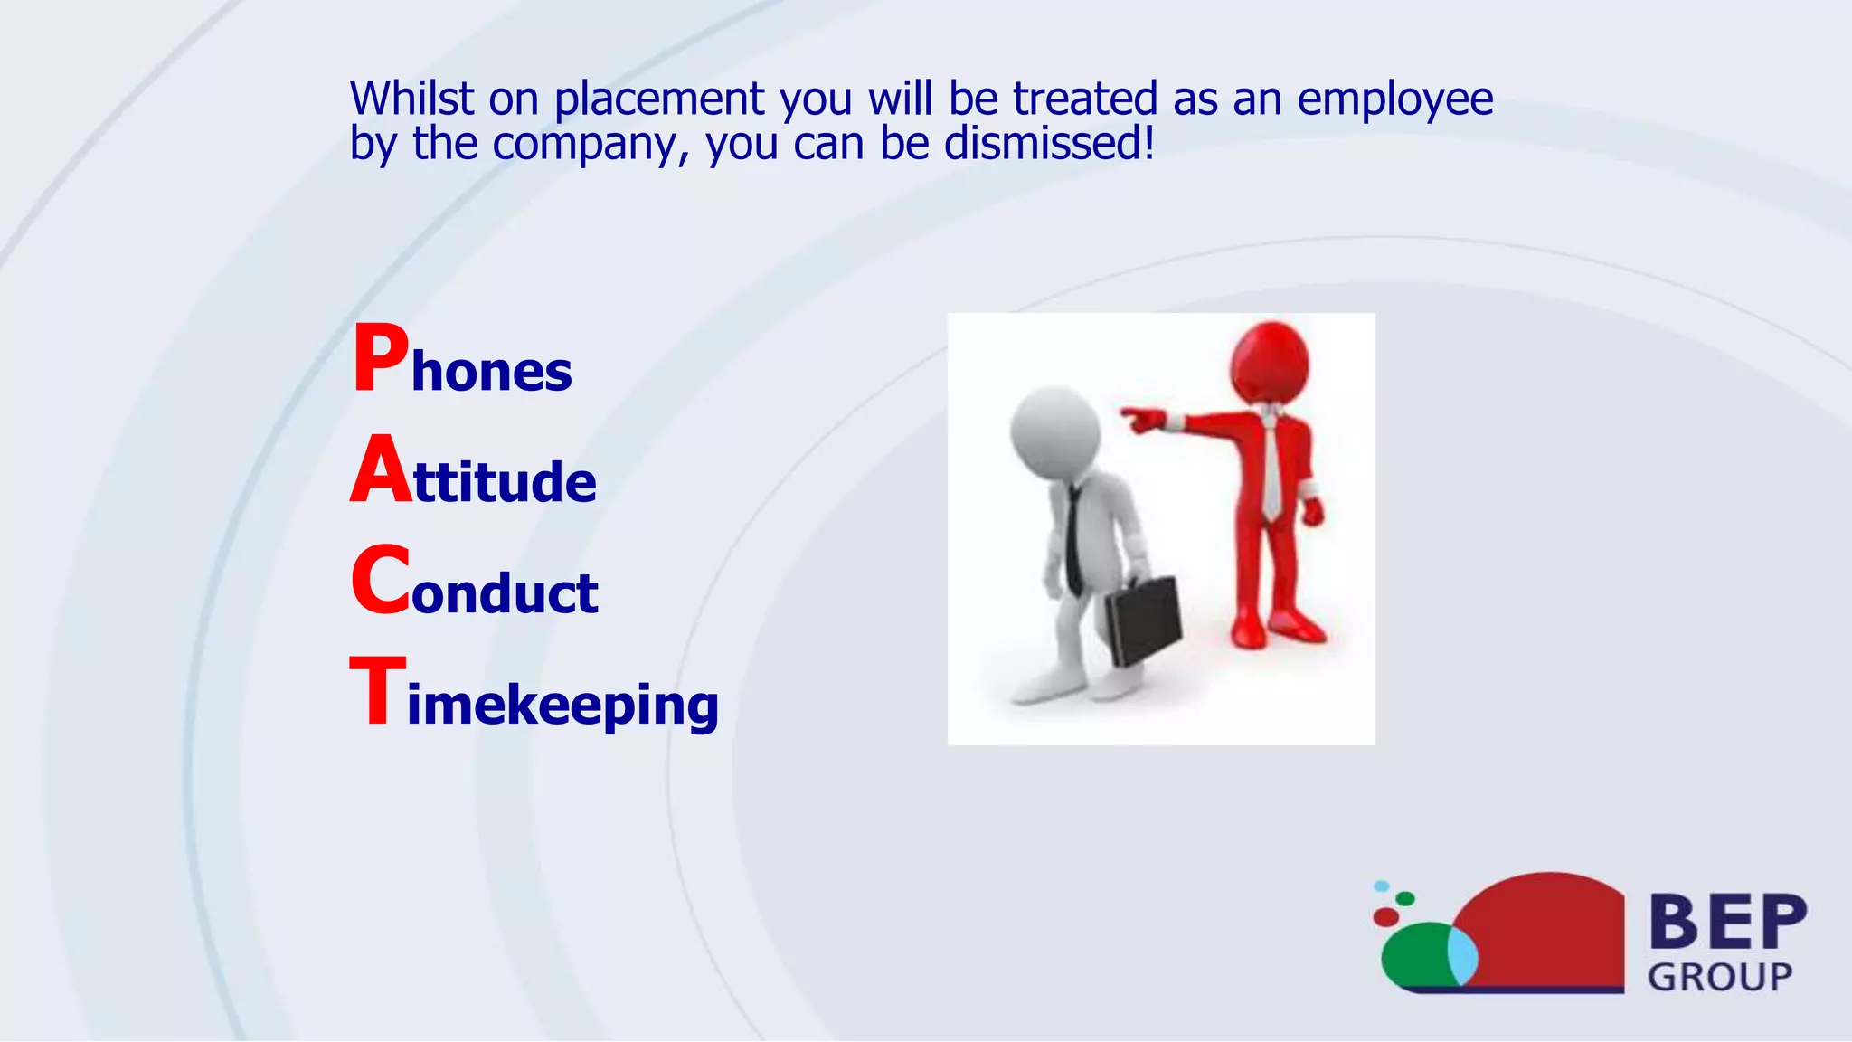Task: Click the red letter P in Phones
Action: point(380,360)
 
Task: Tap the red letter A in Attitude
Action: point(380,470)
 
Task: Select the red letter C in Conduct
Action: point(380,582)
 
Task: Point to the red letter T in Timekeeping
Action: point(377,692)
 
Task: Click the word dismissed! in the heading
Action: point(1049,143)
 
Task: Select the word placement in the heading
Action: point(659,99)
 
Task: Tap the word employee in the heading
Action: point(1394,99)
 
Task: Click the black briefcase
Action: point(1144,620)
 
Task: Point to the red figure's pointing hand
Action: point(1142,419)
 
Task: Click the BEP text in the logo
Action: point(1727,922)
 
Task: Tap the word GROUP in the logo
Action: point(1719,977)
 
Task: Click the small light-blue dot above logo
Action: point(1382,886)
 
